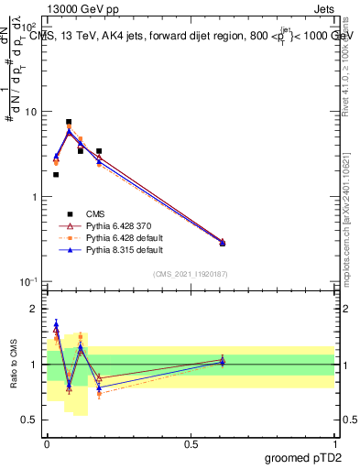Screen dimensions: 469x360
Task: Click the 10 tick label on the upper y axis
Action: click(30, 112)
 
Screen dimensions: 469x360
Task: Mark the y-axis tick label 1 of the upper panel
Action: click(34, 197)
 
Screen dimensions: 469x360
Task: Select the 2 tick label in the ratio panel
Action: click(35, 309)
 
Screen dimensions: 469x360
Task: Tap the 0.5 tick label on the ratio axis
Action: click(30, 420)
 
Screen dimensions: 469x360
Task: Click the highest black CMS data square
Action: click(69, 122)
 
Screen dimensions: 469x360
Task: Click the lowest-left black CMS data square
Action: click(56, 174)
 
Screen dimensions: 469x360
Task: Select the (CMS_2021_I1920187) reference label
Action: click(191, 274)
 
